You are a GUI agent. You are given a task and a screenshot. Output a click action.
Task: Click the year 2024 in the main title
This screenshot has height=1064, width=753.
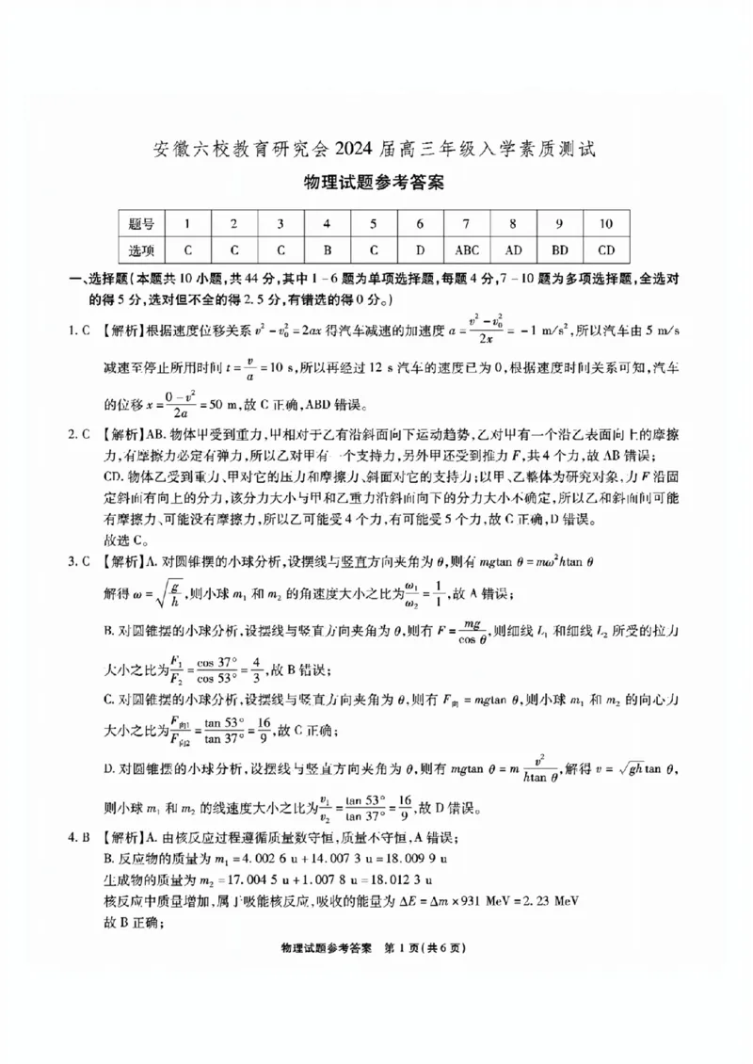339,150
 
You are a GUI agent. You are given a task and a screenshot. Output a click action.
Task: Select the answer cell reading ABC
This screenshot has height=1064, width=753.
467,250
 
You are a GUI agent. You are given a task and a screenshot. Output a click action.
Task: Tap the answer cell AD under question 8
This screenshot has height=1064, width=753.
513,250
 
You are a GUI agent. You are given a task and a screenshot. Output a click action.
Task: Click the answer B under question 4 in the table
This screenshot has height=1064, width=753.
328,250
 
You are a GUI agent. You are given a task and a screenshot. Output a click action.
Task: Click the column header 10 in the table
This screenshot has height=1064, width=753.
606,223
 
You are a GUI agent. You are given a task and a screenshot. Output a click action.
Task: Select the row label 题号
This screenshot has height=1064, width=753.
141,223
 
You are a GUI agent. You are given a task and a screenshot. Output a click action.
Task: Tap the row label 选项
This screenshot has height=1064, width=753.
141,250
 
